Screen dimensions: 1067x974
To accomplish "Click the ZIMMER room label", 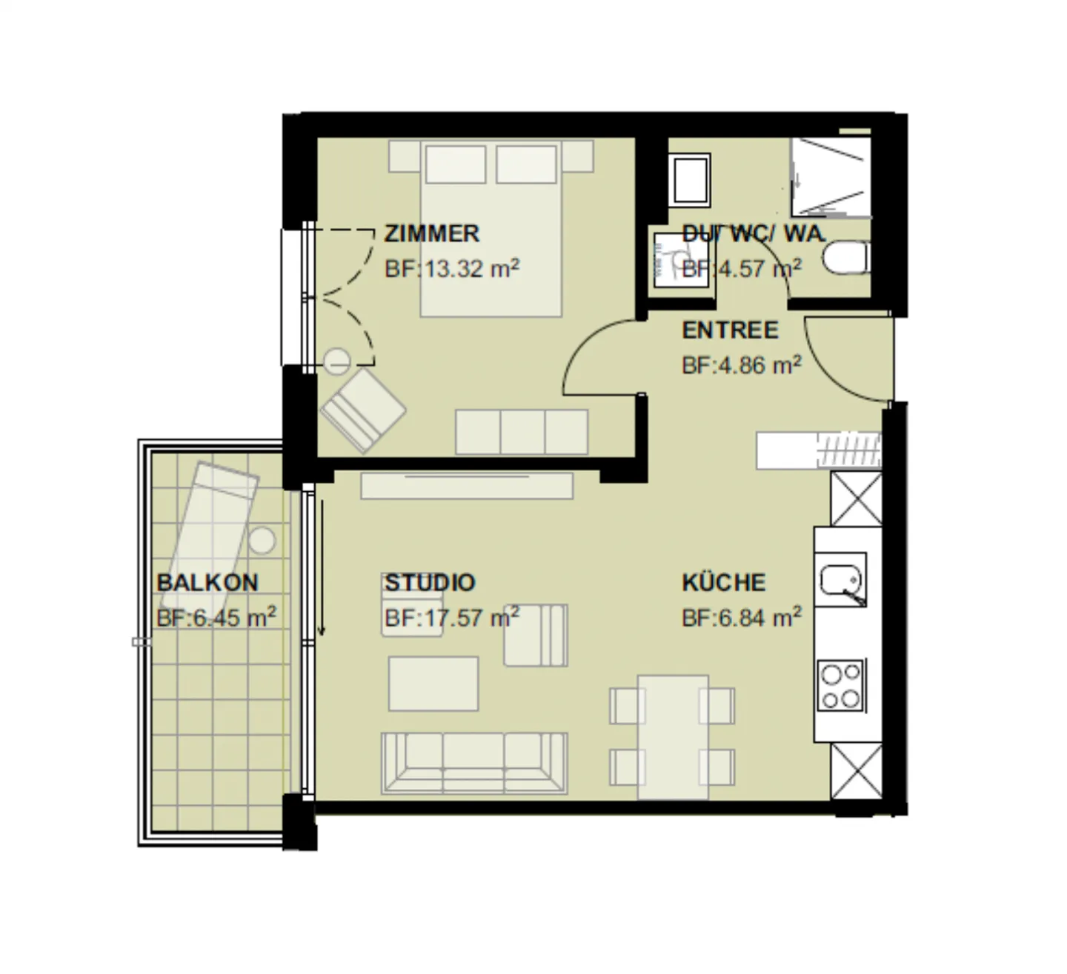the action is click(431, 233).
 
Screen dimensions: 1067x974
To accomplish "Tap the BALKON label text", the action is click(207, 582).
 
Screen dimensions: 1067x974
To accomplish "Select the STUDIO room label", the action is click(430, 582).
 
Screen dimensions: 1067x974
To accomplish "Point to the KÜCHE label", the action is click(723, 582).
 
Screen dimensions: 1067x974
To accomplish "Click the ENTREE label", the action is click(730, 330).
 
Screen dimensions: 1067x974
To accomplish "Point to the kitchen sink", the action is click(840, 579).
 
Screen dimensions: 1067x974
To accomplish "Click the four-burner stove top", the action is click(840, 685).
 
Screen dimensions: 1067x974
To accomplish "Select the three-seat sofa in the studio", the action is click(474, 764).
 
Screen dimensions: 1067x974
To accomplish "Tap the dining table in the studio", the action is click(673, 737).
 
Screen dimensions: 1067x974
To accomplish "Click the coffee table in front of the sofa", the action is click(433, 684).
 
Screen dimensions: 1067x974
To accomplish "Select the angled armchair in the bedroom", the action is click(363, 410).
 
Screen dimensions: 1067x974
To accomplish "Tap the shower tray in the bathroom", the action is click(831, 177).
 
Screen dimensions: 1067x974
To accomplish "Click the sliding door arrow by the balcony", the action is click(322, 567).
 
